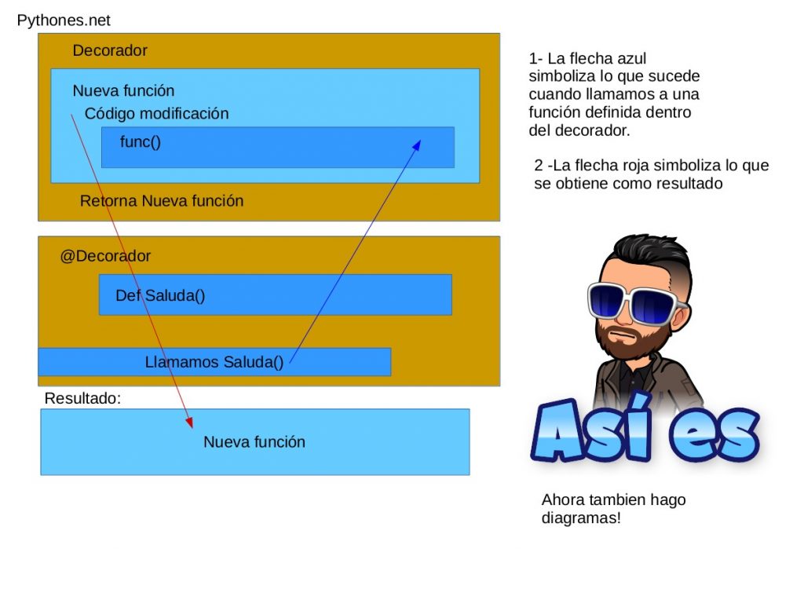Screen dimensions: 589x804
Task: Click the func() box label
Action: pyautogui.click(x=141, y=142)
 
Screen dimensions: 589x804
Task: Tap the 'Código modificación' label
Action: pyautogui.click(x=156, y=114)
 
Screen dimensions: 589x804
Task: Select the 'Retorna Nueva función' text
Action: pyautogui.click(x=162, y=201)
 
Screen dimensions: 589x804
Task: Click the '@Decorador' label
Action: pyautogui.click(x=105, y=256)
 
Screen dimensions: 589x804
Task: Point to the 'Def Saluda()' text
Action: pyautogui.click(x=160, y=296)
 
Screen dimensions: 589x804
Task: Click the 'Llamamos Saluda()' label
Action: pyautogui.click(x=214, y=363)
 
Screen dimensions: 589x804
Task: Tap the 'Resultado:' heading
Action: pyautogui.click(x=82, y=398)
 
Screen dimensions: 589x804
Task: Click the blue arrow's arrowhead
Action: pyautogui.click(x=418, y=145)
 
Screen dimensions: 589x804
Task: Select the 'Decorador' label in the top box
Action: pyautogui.click(x=110, y=51)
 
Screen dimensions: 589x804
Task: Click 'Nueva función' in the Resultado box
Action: pyautogui.click(x=254, y=442)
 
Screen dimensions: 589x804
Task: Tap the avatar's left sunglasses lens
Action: pyautogui.click(x=612, y=302)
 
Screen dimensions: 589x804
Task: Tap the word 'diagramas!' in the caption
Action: pyautogui.click(x=581, y=518)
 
